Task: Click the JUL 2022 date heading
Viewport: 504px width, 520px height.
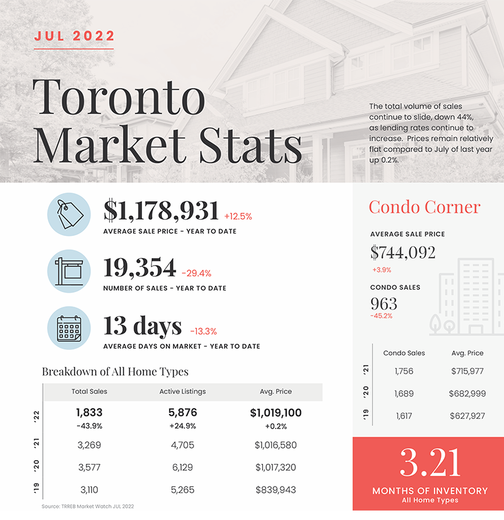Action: (x=74, y=36)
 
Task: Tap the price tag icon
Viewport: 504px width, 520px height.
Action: (x=69, y=214)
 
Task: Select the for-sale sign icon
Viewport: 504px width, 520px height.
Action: (x=69, y=271)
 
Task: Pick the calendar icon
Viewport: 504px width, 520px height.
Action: (x=69, y=328)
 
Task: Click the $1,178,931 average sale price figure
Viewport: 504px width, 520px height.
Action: (x=161, y=211)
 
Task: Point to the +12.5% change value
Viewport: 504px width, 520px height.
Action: (x=238, y=216)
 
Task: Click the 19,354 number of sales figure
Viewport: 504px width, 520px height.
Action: (x=139, y=268)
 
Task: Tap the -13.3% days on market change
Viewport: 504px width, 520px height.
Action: (x=203, y=331)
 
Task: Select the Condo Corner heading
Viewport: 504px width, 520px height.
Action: (x=425, y=207)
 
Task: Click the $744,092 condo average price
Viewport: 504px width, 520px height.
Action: (x=403, y=252)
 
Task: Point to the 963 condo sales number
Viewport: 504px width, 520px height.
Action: (x=384, y=304)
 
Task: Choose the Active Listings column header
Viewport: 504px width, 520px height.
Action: (x=183, y=391)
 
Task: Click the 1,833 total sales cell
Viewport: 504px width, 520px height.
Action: (x=89, y=413)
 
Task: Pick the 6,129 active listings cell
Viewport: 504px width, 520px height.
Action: (x=182, y=467)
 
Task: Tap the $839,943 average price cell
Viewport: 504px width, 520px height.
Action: (x=276, y=490)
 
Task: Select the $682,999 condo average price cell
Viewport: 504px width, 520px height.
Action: (x=467, y=394)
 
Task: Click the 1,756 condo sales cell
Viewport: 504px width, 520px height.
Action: (x=404, y=371)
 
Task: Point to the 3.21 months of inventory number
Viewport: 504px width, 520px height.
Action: (x=430, y=463)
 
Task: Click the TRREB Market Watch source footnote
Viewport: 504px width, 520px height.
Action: (x=88, y=506)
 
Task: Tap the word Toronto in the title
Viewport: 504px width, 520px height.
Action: (x=119, y=97)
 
